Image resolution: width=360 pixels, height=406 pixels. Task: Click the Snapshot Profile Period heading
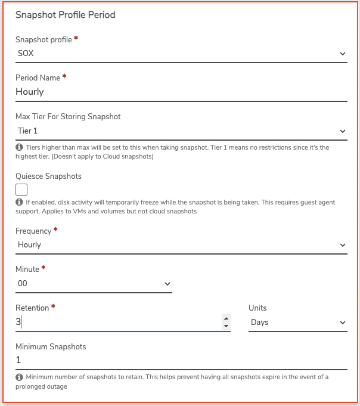tap(65, 15)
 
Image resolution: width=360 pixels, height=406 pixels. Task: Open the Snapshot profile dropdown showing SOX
tap(181, 54)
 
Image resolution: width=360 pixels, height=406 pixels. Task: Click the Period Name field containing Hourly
tap(181, 92)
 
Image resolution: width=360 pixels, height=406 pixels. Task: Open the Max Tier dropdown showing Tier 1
tap(181, 131)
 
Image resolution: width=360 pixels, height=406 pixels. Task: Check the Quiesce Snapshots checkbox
tap(21, 190)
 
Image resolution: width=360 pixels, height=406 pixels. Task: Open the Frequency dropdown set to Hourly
tap(181, 244)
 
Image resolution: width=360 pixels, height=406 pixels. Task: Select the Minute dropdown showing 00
tap(94, 284)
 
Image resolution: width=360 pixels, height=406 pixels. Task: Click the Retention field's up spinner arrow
tap(226, 318)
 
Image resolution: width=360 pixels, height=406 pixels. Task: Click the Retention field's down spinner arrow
tap(226, 326)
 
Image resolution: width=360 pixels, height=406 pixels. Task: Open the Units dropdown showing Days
tap(297, 323)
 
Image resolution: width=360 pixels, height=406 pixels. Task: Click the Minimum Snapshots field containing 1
tap(181, 360)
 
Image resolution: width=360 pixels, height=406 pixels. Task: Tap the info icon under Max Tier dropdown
tap(19, 147)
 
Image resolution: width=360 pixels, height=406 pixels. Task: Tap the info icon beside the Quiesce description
tap(19, 203)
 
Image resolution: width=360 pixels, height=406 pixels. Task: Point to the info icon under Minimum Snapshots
tap(19, 377)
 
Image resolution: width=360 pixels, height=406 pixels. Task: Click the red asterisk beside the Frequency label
tap(55, 230)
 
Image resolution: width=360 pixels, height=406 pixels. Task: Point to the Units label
tap(257, 308)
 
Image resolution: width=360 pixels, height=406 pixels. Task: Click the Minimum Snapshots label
tap(51, 346)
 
